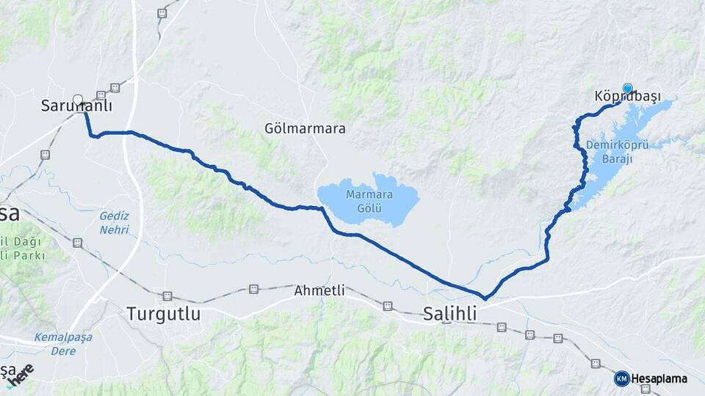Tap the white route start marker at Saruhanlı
(x=78, y=99)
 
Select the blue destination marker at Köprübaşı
(x=627, y=89)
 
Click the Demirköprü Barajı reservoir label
(x=617, y=151)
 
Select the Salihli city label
(x=450, y=314)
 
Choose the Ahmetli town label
(x=319, y=290)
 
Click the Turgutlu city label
(x=163, y=314)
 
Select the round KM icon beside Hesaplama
(x=621, y=378)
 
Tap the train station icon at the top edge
(x=162, y=12)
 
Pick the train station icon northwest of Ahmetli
(x=254, y=289)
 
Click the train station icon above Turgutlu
(x=167, y=296)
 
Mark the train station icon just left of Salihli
(x=387, y=305)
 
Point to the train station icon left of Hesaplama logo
(x=596, y=364)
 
